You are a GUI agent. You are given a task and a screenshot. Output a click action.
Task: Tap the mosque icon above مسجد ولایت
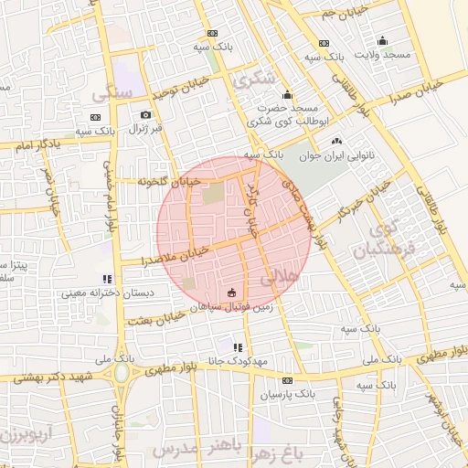click(x=382, y=40)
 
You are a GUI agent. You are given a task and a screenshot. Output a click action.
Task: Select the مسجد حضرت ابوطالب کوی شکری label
click(x=285, y=112)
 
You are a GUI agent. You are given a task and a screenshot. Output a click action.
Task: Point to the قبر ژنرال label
click(x=144, y=130)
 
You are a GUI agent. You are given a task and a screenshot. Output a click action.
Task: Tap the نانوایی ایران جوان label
click(x=335, y=155)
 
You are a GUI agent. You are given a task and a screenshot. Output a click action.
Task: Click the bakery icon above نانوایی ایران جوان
click(x=336, y=141)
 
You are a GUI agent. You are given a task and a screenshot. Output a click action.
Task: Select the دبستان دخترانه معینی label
click(x=107, y=294)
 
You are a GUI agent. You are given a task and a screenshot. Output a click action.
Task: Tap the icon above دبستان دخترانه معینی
click(x=107, y=279)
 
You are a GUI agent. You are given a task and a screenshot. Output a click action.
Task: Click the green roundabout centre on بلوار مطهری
click(x=120, y=373)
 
